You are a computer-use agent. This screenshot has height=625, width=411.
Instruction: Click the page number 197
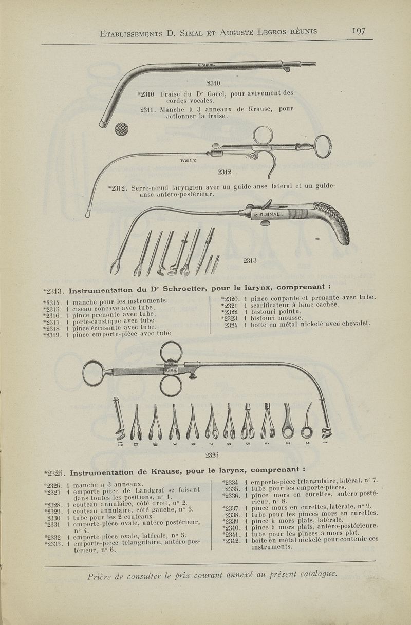[358, 31]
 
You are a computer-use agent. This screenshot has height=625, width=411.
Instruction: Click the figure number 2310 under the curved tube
[213, 83]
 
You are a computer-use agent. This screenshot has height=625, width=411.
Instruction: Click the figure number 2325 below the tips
[213, 454]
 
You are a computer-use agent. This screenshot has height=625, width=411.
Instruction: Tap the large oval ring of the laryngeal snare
[322, 143]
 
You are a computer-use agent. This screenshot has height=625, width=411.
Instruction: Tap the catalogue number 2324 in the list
[230, 324]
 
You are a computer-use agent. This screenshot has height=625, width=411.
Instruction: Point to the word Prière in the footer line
[102, 573]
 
